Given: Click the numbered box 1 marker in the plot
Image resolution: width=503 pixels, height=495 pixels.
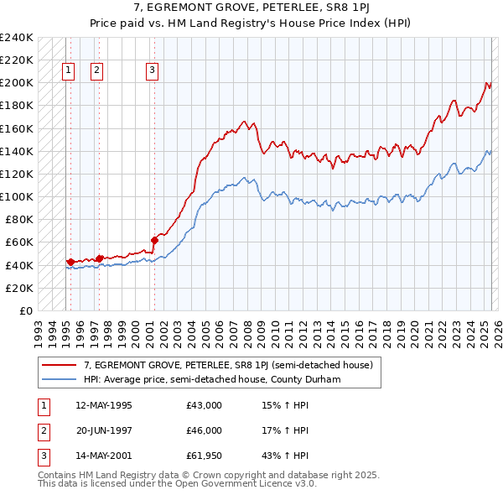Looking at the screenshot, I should click(68, 70).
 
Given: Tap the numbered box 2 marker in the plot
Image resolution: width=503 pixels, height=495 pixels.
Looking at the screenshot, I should click(97, 70).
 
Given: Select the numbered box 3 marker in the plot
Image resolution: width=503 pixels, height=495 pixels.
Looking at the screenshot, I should click(152, 70).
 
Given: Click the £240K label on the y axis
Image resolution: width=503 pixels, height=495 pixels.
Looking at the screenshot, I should click(18, 38).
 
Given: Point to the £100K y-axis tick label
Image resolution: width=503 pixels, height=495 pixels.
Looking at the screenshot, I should click(18, 196).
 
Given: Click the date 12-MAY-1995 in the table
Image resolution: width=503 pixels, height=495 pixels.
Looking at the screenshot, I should click(104, 406).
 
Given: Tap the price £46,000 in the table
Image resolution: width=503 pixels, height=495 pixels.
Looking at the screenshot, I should click(205, 430).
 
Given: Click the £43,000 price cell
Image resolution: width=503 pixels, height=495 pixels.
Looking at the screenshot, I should click(205, 406).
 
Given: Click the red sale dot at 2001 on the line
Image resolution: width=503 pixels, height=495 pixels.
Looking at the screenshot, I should click(155, 240).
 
